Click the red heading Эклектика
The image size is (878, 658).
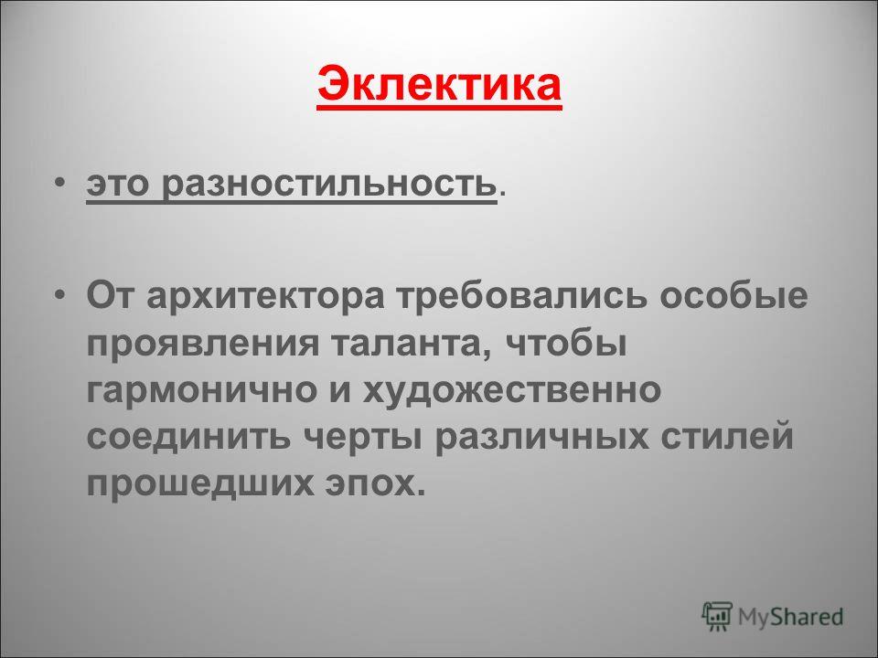(x=439, y=86)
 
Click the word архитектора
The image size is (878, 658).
(x=265, y=296)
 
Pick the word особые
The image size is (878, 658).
(x=733, y=295)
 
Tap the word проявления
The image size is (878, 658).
(x=202, y=343)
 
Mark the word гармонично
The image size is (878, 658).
(x=201, y=390)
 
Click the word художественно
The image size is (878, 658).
(x=512, y=390)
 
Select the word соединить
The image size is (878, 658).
(x=188, y=436)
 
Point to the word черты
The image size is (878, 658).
(x=362, y=437)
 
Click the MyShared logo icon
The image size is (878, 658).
(x=717, y=617)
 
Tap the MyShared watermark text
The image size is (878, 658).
(x=790, y=617)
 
